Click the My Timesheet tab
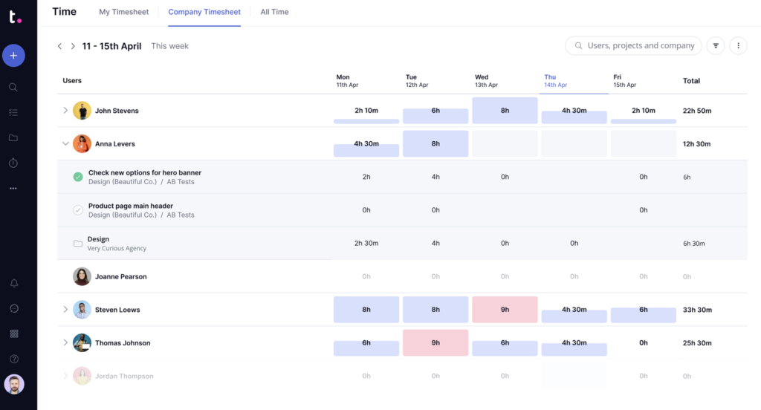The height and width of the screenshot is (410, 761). pos(123,12)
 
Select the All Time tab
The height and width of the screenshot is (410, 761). pos(274,12)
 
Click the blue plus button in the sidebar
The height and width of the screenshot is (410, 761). pos(13,56)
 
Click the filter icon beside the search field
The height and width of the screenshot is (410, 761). pos(716,46)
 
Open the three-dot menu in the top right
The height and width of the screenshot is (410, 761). pos(738,46)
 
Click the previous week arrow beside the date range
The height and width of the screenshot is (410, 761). pos(60,46)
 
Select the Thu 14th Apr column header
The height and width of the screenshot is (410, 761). pos(555,80)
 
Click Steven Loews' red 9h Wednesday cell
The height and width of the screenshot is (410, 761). pos(505,310)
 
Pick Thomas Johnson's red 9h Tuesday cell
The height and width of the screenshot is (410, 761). pos(435,342)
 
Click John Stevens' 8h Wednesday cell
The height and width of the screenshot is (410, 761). pos(505,111)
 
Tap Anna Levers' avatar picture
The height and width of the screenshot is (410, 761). pos(82,144)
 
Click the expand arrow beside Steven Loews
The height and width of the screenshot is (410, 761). pos(65,310)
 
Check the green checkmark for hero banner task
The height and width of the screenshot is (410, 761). pos(78,177)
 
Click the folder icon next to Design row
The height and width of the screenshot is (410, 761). pos(77,244)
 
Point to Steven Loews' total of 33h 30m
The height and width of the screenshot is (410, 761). pos(696,310)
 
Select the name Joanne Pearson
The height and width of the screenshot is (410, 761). pos(120,276)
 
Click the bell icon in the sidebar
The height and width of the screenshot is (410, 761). pos(13,284)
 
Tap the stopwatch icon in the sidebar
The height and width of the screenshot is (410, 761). pos(13,163)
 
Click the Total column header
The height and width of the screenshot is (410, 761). pos(691,80)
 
